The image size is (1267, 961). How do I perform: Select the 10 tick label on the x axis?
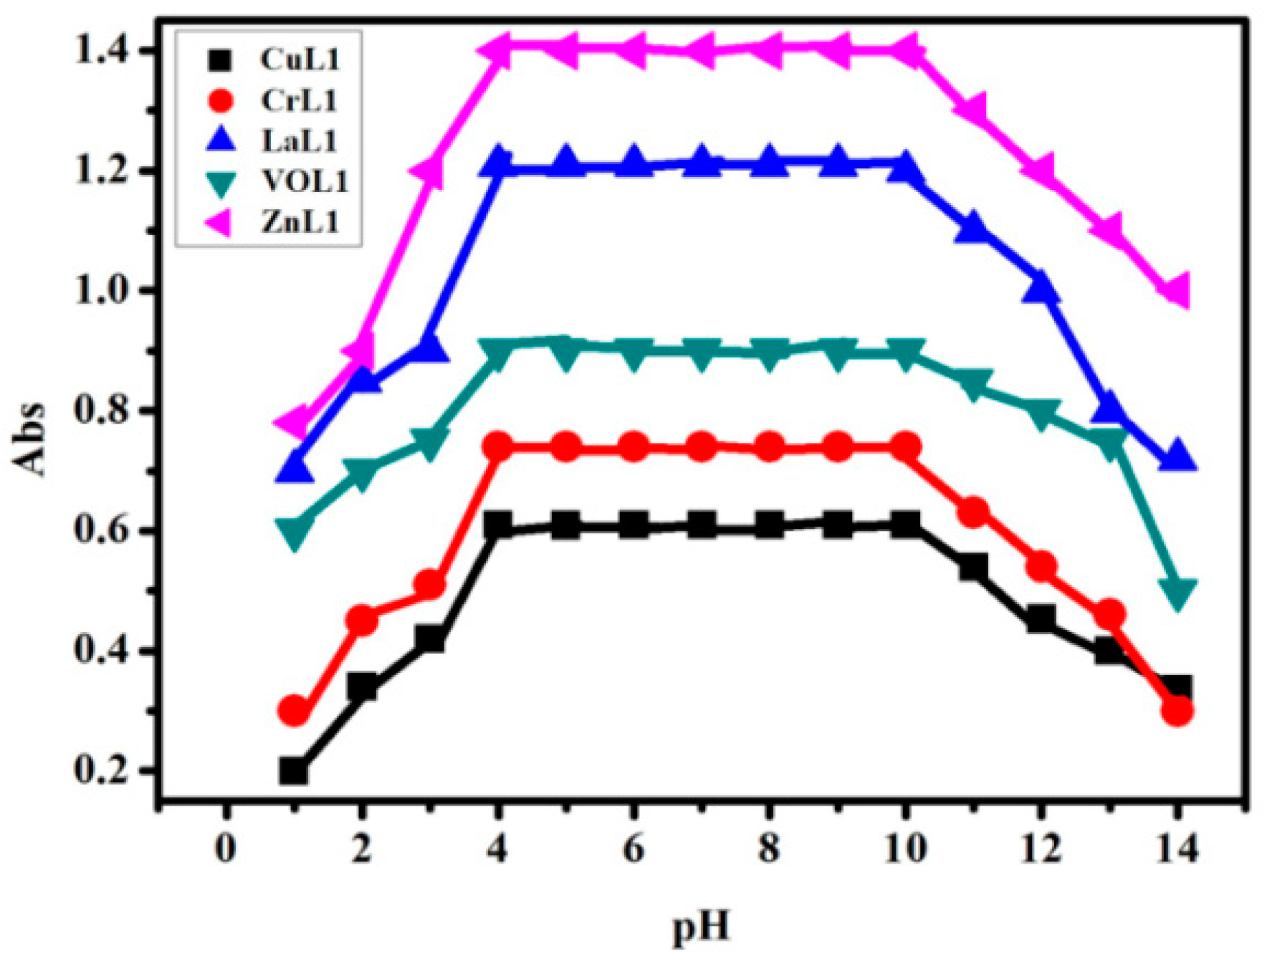click(905, 851)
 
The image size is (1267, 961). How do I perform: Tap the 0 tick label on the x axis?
click(226, 851)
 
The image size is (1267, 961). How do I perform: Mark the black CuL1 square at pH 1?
click(294, 771)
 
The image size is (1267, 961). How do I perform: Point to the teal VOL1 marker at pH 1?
click(294, 532)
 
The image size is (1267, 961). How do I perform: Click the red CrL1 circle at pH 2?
click(362, 619)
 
